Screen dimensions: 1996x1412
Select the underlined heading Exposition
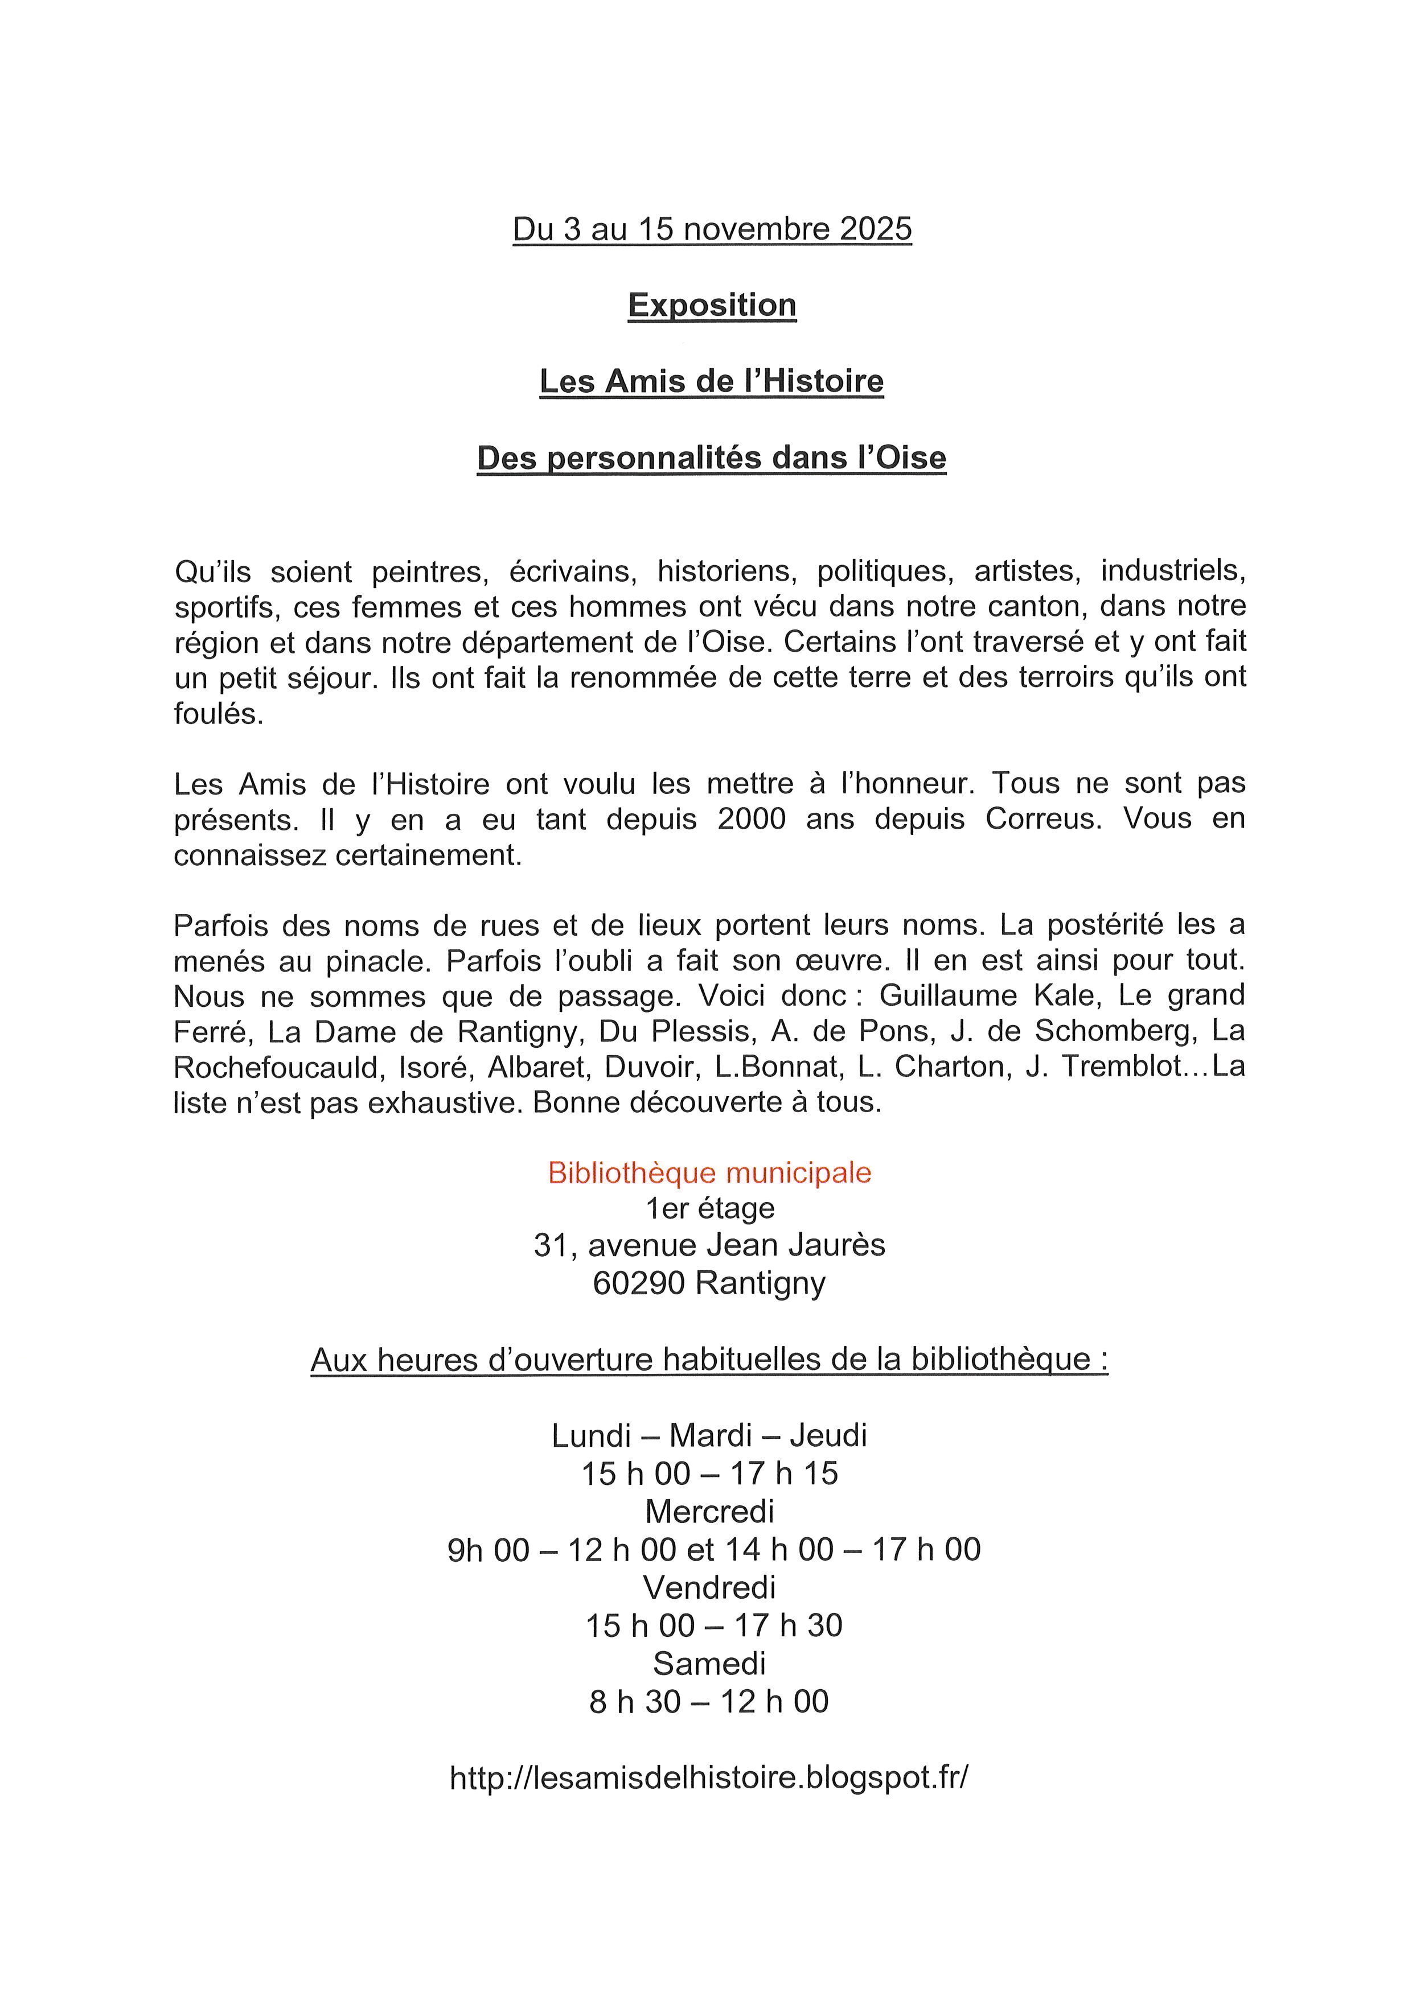712,305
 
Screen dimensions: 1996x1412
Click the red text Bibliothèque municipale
709,1173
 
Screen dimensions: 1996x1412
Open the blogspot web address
709,1778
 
